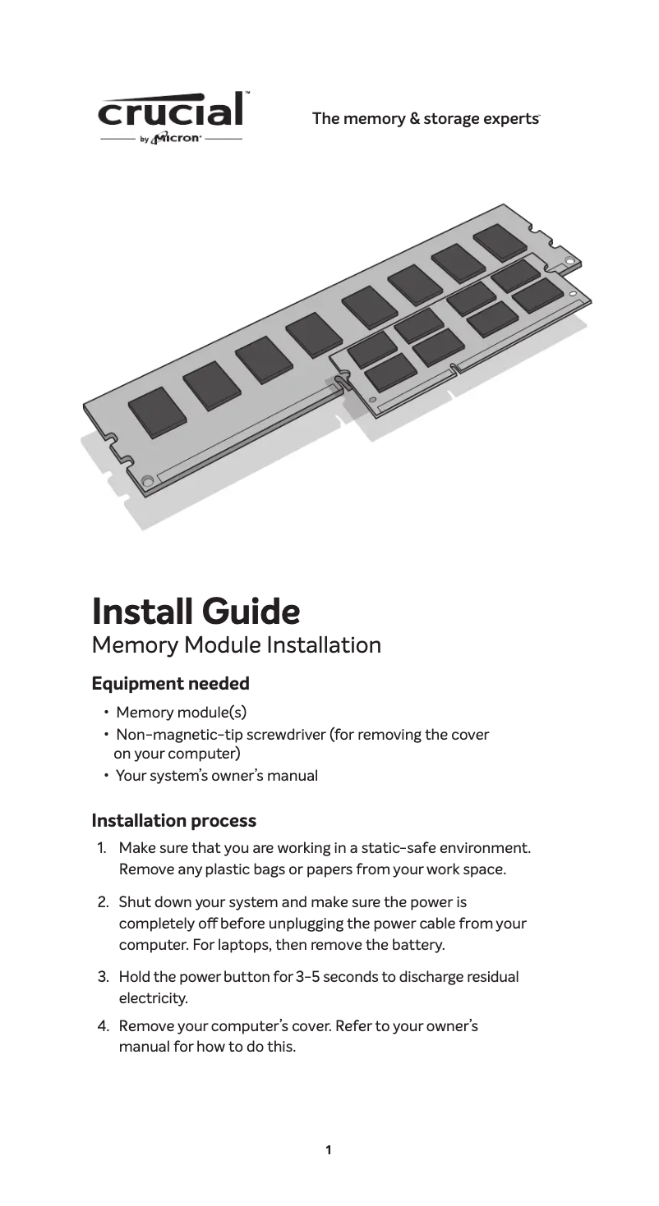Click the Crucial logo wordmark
(x=173, y=111)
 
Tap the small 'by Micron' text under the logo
(x=171, y=139)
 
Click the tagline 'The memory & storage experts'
(x=425, y=118)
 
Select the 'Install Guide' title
(x=196, y=611)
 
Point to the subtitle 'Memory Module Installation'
(x=237, y=645)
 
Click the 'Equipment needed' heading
(x=170, y=683)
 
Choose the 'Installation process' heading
(x=173, y=820)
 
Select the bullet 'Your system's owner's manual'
(x=216, y=775)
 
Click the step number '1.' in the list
(x=104, y=847)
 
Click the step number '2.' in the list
(x=104, y=902)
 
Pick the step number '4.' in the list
(x=104, y=1026)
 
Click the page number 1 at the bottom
(x=329, y=1150)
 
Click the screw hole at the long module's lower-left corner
(x=146, y=480)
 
